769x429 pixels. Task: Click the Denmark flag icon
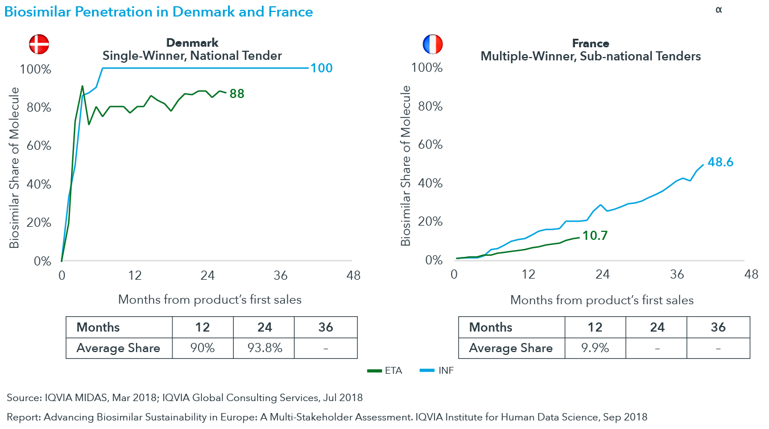coord(39,44)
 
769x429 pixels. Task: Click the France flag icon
coord(432,44)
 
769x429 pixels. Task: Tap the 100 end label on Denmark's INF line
coord(321,68)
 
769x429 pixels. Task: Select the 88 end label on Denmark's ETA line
coord(237,93)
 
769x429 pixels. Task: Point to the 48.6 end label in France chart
coord(720,162)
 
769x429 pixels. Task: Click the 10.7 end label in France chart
coord(596,235)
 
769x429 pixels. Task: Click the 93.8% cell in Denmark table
coord(264,348)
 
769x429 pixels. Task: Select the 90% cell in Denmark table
coord(202,348)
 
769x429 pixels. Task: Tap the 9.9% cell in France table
coord(595,348)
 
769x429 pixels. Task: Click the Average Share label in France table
coord(511,348)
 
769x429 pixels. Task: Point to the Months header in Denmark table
coord(98,327)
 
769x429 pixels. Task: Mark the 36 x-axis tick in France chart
coord(677,275)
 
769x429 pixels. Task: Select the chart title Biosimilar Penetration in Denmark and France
coord(159,11)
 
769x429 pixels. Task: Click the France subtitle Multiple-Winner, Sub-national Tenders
coord(590,56)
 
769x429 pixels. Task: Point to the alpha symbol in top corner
coord(719,10)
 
